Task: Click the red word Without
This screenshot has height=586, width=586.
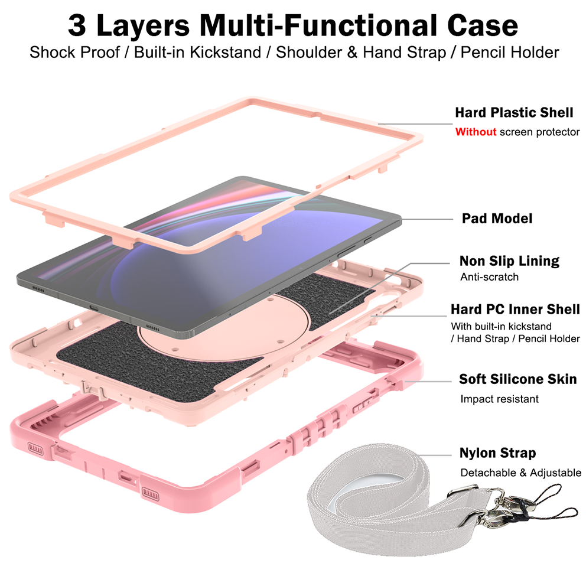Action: [476, 132]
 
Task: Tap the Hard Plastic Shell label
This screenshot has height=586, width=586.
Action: [513, 112]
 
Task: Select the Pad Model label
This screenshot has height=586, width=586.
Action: [497, 219]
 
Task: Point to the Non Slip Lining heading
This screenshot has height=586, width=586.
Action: [509, 261]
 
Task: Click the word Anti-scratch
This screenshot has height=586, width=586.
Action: [489, 276]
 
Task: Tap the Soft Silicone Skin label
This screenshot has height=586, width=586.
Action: [517, 379]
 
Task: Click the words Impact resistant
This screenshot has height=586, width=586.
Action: [499, 399]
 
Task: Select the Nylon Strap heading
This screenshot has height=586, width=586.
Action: [497, 453]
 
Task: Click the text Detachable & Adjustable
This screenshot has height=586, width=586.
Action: [521, 473]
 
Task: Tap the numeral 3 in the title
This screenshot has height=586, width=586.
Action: [77, 25]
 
